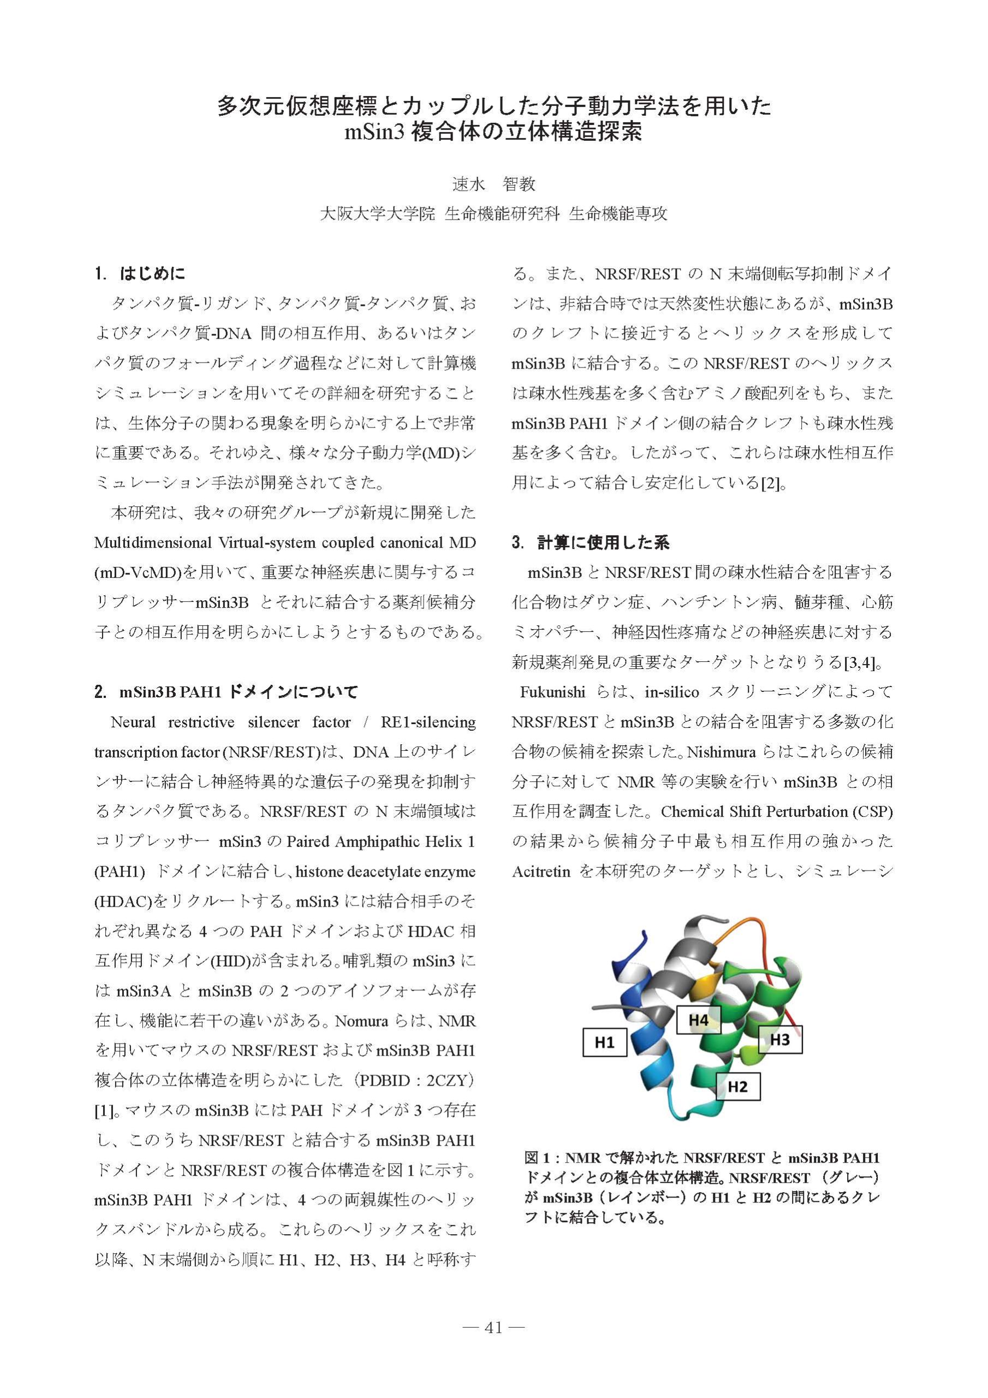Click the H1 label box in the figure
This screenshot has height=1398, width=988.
click(x=604, y=1042)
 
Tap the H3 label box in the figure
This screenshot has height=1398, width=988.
click(x=779, y=1039)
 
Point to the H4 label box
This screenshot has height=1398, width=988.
click(x=698, y=1019)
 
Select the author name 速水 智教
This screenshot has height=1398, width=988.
click(x=493, y=183)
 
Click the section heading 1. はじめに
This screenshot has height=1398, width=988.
click(x=141, y=274)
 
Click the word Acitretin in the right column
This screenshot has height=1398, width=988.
click(x=541, y=872)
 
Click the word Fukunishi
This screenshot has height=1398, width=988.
click(x=553, y=692)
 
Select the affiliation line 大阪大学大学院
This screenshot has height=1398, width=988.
click(x=377, y=214)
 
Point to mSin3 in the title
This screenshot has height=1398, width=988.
click(x=374, y=132)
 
